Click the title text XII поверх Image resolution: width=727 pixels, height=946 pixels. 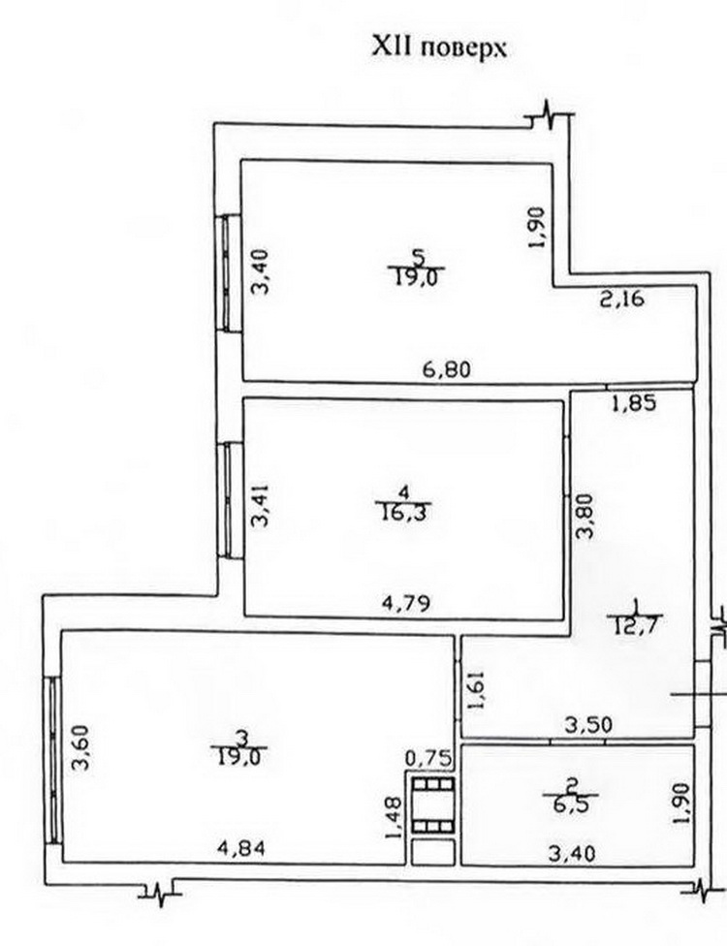click(438, 47)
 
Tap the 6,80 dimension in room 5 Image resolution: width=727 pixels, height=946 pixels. click(447, 368)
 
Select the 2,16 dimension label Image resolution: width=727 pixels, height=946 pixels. click(622, 298)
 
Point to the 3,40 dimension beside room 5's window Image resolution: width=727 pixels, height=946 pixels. click(261, 272)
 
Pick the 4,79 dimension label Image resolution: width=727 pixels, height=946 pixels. click(406, 603)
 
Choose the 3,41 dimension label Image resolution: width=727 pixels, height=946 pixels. click(262, 506)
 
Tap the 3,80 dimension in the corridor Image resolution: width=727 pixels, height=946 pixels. click(584, 516)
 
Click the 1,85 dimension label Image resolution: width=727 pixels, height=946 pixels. click(633, 402)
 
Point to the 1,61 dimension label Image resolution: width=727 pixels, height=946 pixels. click(476, 692)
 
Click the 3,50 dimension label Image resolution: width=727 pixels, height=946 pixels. click(587, 723)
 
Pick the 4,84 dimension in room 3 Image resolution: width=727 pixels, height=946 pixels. click(240, 848)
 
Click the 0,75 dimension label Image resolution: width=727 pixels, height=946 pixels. click(428, 758)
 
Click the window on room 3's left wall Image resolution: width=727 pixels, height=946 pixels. click(52, 760)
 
